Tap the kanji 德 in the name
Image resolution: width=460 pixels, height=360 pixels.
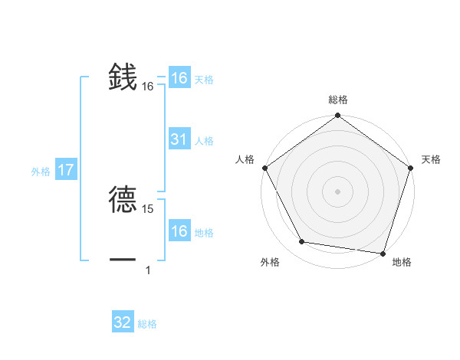click(123, 198)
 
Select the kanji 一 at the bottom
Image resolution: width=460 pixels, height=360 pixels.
click(123, 260)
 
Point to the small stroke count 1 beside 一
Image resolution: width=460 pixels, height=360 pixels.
click(148, 270)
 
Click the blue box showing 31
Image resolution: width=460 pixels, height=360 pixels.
click(179, 139)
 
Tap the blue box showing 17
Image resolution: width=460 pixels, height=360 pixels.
click(66, 170)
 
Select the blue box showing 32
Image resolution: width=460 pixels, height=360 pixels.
click(123, 322)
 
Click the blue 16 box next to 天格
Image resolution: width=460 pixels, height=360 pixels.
click(179, 78)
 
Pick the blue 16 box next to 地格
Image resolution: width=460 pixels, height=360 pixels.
click(179, 231)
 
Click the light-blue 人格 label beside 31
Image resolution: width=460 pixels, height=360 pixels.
click(205, 141)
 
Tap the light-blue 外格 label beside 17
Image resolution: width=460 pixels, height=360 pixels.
click(41, 172)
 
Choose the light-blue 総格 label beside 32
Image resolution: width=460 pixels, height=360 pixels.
click(148, 324)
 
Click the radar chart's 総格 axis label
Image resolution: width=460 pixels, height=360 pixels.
click(338, 100)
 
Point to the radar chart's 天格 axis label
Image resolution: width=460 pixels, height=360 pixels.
click(431, 159)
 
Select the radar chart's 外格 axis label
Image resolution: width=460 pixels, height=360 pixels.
click(270, 262)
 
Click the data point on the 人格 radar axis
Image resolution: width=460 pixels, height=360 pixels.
click(265, 168)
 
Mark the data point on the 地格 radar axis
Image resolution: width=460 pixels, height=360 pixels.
click(382, 253)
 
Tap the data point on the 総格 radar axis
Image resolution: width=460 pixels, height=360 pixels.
click(338, 116)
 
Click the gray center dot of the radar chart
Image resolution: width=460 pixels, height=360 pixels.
click(338, 191)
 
